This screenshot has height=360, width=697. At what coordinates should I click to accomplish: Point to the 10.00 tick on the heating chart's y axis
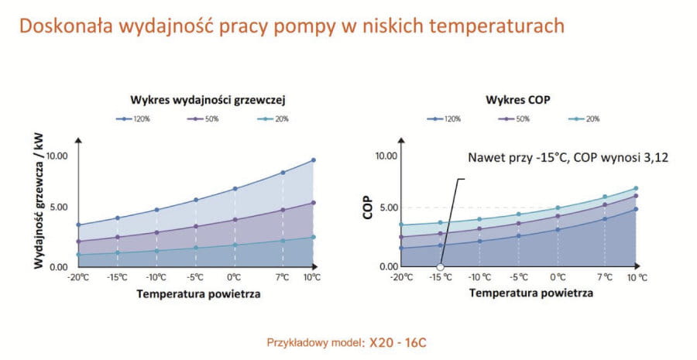point(58,156)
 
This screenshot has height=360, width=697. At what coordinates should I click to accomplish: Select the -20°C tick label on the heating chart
point(79,277)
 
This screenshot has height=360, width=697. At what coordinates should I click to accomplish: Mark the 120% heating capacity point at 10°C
point(314,160)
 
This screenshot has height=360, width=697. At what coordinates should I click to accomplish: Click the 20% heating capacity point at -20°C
point(78,255)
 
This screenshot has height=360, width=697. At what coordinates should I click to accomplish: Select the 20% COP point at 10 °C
point(636,188)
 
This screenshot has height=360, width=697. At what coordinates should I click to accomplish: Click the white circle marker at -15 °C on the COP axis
point(440,267)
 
